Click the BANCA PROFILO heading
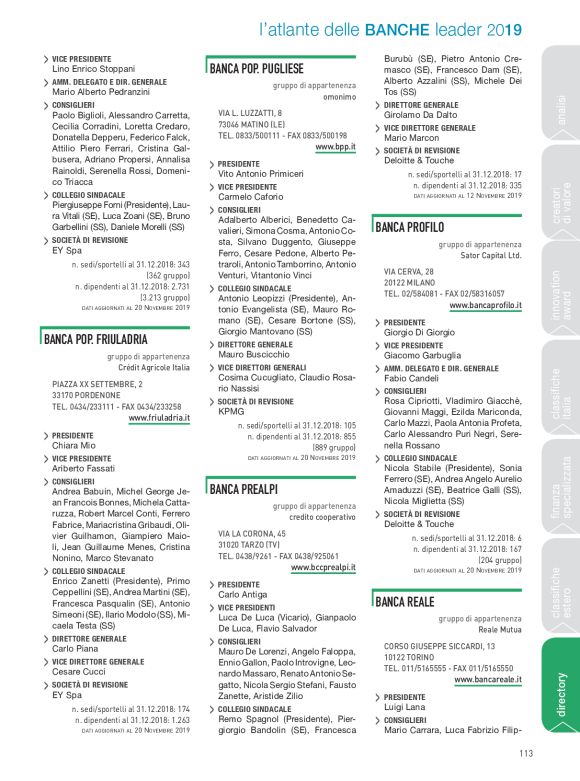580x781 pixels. [x=410, y=228]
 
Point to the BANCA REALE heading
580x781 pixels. [x=405, y=601]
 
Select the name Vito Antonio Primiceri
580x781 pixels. [x=261, y=173]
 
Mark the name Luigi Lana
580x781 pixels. [x=404, y=708]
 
